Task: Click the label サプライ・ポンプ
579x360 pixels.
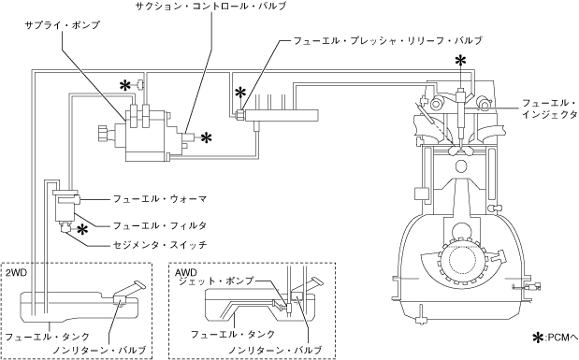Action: pos(62,25)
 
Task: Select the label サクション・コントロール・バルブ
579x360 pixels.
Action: pos(210,7)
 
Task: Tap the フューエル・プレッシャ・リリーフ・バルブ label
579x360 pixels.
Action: pos(388,40)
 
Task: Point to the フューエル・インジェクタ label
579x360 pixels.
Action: pos(549,108)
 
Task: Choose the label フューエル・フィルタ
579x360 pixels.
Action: pos(160,225)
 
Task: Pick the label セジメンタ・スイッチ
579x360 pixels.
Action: pos(160,245)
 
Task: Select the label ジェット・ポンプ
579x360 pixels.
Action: pos(216,281)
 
